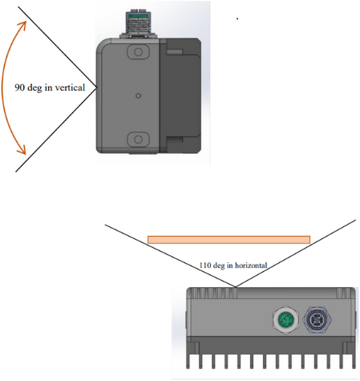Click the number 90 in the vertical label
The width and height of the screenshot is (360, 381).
click(20, 87)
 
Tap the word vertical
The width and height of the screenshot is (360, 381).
click(70, 87)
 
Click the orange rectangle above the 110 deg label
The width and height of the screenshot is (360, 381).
click(229, 239)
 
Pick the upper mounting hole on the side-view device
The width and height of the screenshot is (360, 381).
click(138, 52)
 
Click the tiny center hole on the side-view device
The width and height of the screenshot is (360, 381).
click(138, 95)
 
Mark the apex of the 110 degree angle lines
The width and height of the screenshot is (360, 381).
click(235, 286)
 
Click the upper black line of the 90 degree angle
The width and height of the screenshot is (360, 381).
click(48, 40)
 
